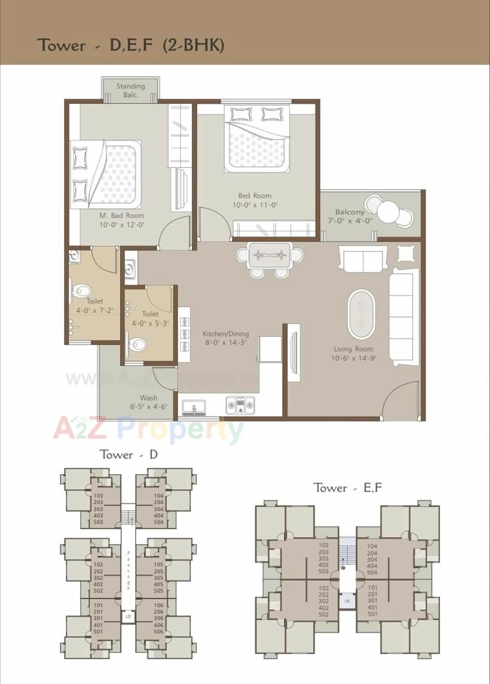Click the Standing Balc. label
[x=131, y=91]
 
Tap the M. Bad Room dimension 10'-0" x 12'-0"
[x=122, y=225]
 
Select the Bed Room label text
[x=255, y=196]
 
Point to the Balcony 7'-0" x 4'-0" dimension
[x=350, y=221]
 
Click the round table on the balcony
[x=388, y=209]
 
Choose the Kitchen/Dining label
[x=225, y=334]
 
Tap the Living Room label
[x=353, y=349]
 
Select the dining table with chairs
[x=270, y=255]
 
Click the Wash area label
[x=149, y=398]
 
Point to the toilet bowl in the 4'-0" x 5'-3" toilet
[x=137, y=345]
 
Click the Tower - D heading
[x=129, y=455]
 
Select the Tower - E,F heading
[x=348, y=488]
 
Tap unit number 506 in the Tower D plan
[x=158, y=632]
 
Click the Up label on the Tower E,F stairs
[x=343, y=568]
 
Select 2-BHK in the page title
[x=193, y=45]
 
